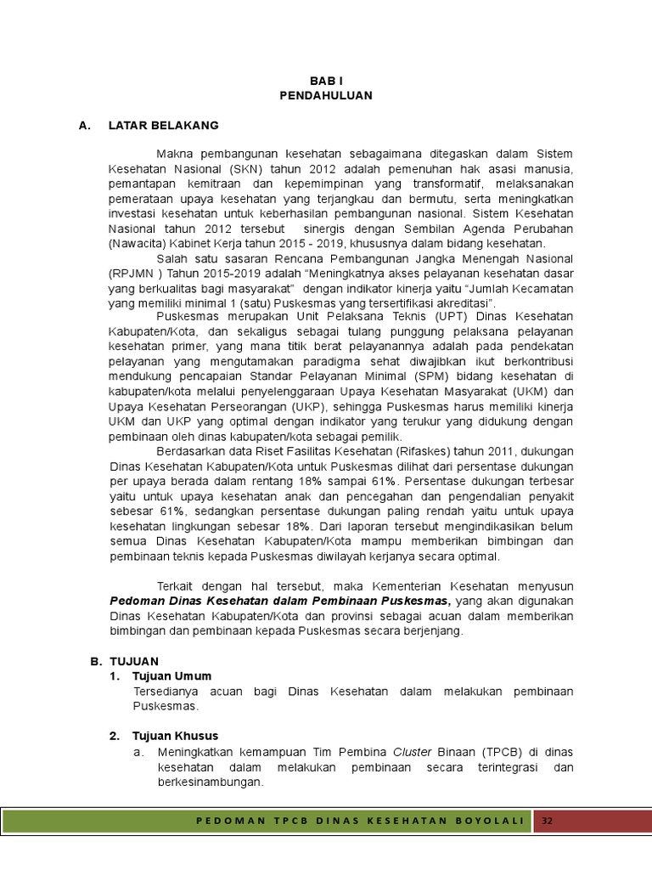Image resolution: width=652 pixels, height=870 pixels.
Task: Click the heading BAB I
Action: [x=325, y=81]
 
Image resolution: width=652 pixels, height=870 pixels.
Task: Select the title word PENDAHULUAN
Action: [x=325, y=95]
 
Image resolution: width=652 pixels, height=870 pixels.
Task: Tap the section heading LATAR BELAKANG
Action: [x=163, y=125]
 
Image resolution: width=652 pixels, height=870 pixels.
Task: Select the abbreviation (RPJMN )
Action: [x=135, y=274]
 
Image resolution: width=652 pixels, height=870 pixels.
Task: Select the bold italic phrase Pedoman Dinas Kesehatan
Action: [x=180, y=601]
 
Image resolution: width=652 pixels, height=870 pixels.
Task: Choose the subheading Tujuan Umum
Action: [x=169, y=675]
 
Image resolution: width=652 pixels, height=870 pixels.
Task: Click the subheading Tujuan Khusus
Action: [x=175, y=736]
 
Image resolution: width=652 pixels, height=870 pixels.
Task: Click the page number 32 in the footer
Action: [x=548, y=822]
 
